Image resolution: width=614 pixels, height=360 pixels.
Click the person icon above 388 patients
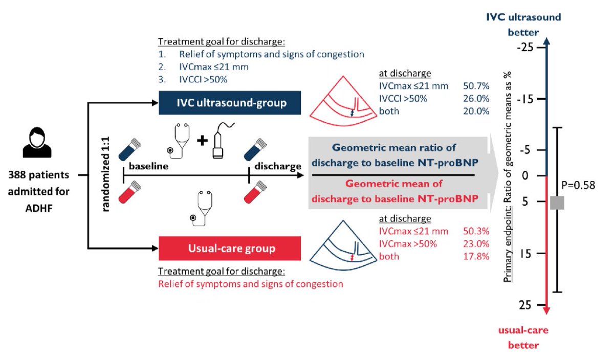[x=38, y=144]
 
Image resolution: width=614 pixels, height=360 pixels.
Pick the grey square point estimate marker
[x=557, y=202]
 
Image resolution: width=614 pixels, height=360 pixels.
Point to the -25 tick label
[x=523, y=48]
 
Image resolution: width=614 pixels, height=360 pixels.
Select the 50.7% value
[x=476, y=85]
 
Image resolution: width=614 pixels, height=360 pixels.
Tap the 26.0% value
[x=476, y=98]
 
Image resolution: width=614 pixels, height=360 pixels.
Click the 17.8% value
[x=476, y=256]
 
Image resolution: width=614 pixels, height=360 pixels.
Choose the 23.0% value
[x=476, y=244]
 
